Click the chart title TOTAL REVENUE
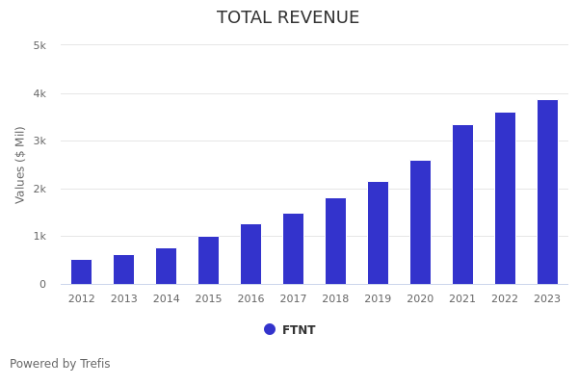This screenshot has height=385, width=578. [x=288, y=18]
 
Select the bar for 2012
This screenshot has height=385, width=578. [x=82, y=272]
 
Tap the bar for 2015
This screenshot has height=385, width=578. [x=208, y=261]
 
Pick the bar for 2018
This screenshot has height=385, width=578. [x=335, y=242]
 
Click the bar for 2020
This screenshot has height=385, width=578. [x=420, y=222]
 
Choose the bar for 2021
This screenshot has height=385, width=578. [x=462, y=205]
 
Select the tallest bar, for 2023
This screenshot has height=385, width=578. [x=547, y=192]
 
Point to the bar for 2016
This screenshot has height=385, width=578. [x=250, y=254]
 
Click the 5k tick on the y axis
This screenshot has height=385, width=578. [x=39, y=45]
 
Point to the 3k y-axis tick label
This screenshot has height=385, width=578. [x=39, y=141]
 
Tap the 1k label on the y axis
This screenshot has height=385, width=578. [x=39, y=236]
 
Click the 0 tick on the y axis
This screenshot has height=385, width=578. [x=42, y=284]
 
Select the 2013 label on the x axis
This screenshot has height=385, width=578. [x=124, y=299]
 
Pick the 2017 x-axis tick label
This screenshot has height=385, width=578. [x=293, y=299]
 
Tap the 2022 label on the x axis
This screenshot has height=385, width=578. [x=505, y=299]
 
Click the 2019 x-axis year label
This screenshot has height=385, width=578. [x=378, y=299]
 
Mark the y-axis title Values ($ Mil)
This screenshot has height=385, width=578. [x=20, y=165]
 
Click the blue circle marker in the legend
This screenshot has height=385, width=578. [x=270, y=329]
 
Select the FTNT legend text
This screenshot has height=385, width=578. [x=299, y=330]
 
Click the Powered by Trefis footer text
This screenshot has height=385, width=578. [x=60, y=364]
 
